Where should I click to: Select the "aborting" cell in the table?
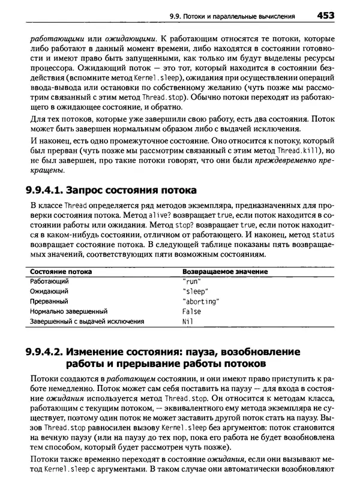pos(200,301)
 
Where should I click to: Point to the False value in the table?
pos(191,311)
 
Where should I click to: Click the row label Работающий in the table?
pos(49,281)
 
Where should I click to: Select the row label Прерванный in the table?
pos(49,301)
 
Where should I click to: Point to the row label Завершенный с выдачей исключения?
pos(87,321)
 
